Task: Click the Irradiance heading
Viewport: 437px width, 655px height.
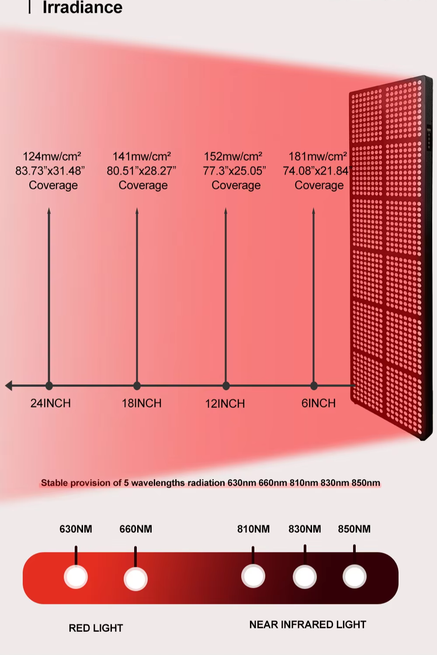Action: click(82, 7)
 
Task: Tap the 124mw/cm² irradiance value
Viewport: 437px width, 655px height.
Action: click(52, 156)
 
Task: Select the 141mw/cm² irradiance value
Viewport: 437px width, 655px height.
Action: click(142, 156)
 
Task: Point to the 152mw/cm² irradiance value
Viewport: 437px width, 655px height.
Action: click(233, 156)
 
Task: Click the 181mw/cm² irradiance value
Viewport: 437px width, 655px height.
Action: click(318, 156)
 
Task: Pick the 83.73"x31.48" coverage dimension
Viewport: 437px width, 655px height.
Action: click(50, 171)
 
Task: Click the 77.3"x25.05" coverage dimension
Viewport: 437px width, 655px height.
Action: click(234, 171)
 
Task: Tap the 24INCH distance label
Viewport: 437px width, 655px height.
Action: click(51, 403)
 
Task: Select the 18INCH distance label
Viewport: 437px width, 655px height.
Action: click(142, 403)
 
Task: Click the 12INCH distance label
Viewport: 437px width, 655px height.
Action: click(225, 403)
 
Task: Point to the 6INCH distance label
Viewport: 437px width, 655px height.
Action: click(319, 403)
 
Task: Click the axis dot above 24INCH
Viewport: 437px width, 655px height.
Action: click(49, 386)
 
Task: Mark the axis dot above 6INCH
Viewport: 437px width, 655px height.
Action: click(314, 386)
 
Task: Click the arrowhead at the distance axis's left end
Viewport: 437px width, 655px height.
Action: click(8, 386)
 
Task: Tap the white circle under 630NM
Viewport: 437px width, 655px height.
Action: click(76, 577)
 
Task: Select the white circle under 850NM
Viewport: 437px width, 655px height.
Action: click(354, 577)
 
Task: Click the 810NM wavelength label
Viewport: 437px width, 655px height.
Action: click(253, 529)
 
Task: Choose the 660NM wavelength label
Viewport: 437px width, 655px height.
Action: click(136, 529)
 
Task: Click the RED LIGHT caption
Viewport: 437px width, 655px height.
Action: click(96, 628)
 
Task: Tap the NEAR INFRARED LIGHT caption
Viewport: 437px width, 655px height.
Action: click(308, 625)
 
